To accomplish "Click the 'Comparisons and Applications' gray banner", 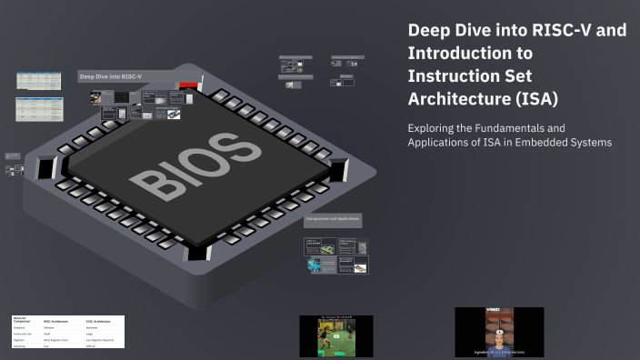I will (x=333, y=219).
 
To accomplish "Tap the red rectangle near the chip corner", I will (x=189, y=85).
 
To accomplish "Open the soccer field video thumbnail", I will (x=335, y=335).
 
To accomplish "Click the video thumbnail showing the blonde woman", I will (x=499, y=332).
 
